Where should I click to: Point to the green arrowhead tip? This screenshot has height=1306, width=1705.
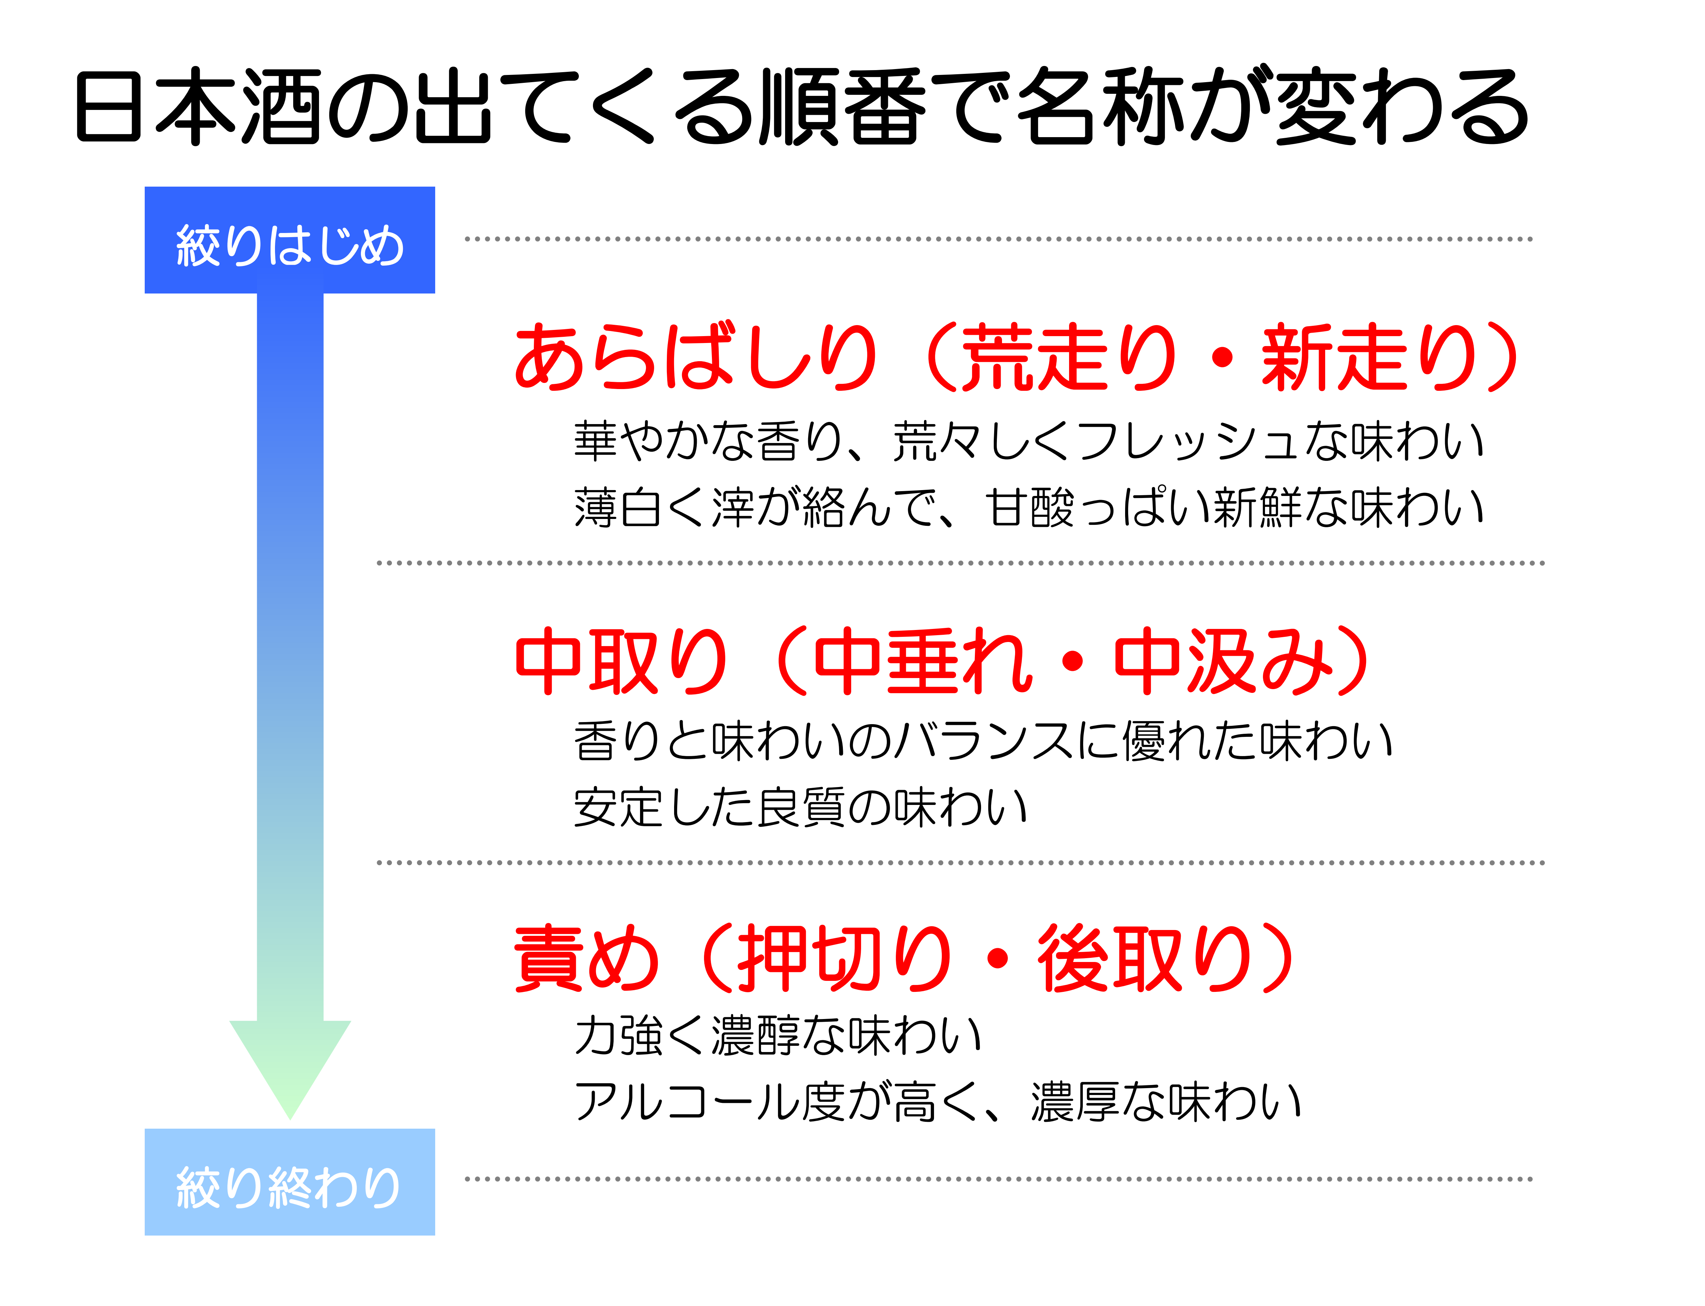tap(290, 1119)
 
